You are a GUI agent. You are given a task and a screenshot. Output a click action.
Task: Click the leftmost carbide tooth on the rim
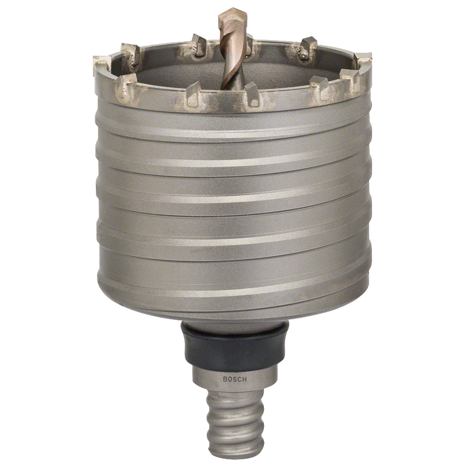[x=101, y=65]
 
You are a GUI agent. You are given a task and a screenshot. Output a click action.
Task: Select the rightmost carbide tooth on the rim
[x=364, y=61]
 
